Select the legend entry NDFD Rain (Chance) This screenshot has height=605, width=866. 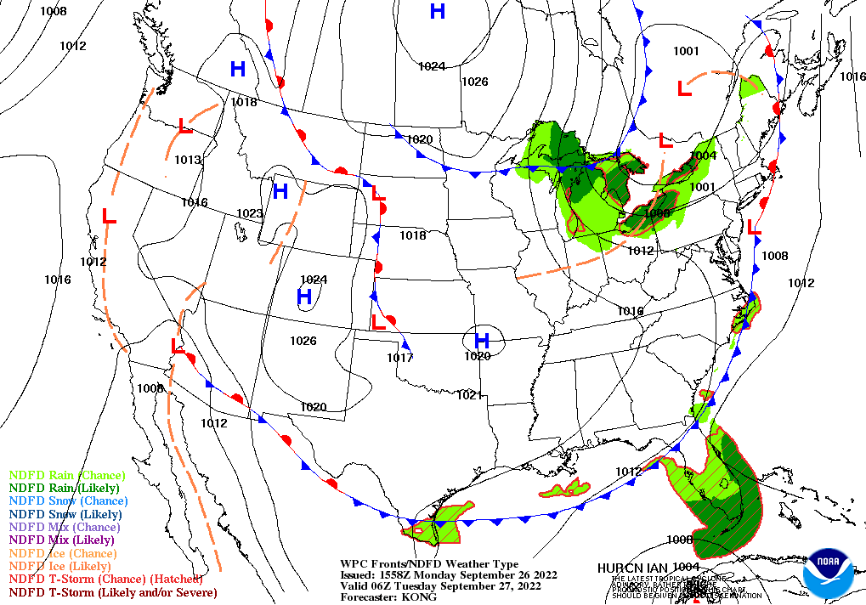66,475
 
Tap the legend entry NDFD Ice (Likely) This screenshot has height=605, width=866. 60,566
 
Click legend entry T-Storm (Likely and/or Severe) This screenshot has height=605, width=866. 113,592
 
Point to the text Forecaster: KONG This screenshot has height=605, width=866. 388,597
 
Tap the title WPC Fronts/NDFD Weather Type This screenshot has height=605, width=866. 429,563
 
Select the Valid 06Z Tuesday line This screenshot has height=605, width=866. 440,585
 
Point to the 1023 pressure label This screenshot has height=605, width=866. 249,213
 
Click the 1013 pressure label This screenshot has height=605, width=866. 188,160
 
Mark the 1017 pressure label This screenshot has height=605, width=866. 399,358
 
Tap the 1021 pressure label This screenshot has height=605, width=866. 469,395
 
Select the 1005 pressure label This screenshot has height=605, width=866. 150,388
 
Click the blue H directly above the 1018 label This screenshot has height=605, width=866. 238,70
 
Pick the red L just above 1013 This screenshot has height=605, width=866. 185,126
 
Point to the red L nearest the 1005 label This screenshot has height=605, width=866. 177,347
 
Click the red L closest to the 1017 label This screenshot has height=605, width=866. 379,322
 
